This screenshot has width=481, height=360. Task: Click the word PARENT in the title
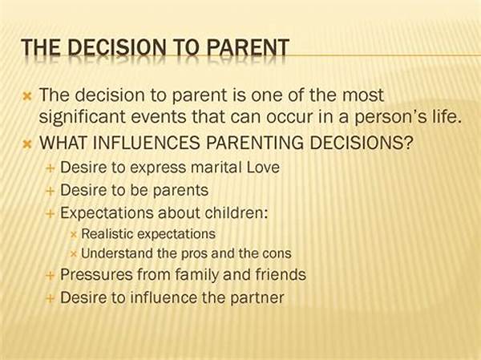point(248,47)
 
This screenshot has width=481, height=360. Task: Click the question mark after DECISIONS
point(409,143)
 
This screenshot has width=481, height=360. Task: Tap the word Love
point(263,168)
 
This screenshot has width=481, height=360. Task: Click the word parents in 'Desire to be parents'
point(180,191)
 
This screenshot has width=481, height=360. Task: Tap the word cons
point(277,254)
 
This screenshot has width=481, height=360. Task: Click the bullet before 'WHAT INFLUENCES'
point(27,144)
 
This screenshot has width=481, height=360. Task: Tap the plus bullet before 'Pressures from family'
point(50,276)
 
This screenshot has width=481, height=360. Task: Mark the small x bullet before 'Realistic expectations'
point(73,235)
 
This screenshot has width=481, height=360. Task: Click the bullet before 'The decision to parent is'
point(27,97)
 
